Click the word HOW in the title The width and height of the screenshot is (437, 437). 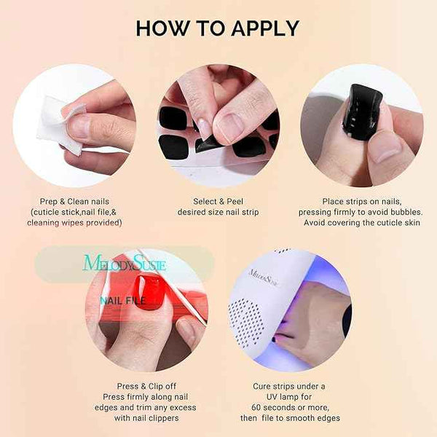click(x=161, y=28)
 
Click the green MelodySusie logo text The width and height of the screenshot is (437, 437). click(x=125, y=263)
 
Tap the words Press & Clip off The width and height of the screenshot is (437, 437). click(x=146, y=386)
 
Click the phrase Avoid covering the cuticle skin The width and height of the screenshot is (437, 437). click(x=361, y=222)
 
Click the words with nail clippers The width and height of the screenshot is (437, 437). click(x=146, y=418)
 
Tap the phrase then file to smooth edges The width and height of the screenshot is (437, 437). click(x=291, y=418)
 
